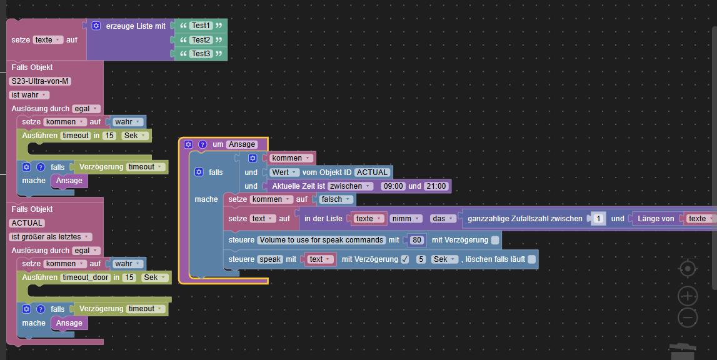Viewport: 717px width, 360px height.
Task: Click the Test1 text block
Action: pyautogui.click(x=201, y=26)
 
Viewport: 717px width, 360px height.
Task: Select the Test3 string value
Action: pyautogui.click(x=201, y=54)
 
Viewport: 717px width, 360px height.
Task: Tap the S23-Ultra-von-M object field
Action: pyautogui.click(x=40, y=81)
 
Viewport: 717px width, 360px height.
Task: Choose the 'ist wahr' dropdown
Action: pyautogui.click(x=29, y=95)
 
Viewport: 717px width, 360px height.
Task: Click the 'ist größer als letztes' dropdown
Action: pyautogui.click(x=50, y=236)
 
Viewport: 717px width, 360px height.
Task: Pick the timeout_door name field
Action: pyautogui.click(x=86, y=277)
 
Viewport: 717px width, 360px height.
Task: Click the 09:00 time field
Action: pyautogui.click(x=393, y=186)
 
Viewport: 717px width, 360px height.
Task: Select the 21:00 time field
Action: pyautogui.click(x=436, y=186)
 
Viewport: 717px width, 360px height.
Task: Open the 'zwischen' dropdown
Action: pyautogui.click(x=350, y=186)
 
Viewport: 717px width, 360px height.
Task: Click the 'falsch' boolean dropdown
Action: pyautogui.click(x=336, y=199)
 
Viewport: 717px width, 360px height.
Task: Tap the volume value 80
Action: pyautogui.click(x=416, y=240)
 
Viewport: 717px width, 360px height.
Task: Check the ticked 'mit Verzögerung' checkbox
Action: pyautogui.click(x=405, y=259)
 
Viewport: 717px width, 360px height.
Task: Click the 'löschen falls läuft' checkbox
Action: pyautogui.click(x=531, y=259)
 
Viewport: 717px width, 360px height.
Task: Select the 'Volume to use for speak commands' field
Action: pyautogui.click(x=321, y=240)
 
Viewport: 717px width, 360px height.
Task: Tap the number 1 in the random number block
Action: pyautogui.click(x=598, y=219)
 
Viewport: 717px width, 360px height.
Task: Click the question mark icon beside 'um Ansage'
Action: pyautogui.click(x=202, y=144)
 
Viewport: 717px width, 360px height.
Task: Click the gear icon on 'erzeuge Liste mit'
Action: pyautogui.click(x=96, y=26)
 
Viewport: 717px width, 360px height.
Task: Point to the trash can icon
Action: pyautogui.click(x=683, y=351)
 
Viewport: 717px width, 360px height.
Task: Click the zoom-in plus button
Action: pyautogui.click(x=688, y=296)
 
